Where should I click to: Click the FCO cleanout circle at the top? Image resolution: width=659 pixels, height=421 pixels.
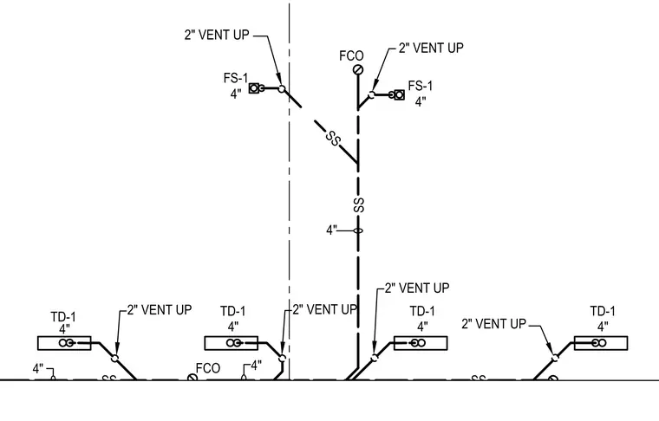coord(358,69)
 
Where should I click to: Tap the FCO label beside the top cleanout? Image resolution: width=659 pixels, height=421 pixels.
coord(351,55)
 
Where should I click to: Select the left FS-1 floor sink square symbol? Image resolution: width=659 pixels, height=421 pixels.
coord(254,88)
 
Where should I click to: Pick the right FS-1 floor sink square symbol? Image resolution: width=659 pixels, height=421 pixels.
coord(399,95)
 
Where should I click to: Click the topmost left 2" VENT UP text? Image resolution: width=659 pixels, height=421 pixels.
coord(217,35)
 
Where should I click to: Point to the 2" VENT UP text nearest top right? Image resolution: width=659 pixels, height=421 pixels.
coord(431,48)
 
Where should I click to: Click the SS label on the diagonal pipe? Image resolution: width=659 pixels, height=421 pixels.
coord(333,139)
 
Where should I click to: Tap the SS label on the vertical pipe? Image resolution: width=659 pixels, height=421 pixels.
coord(359,205)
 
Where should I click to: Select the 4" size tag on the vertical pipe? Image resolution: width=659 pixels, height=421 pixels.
coord(332,230)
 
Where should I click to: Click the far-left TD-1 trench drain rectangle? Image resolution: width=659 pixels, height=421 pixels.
coord(64,343)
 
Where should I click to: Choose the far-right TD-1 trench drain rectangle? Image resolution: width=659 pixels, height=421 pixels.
coord(601,343)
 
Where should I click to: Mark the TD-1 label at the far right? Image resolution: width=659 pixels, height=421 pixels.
coord(603,312)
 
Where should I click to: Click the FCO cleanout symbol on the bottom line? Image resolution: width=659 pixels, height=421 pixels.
coord(192,378)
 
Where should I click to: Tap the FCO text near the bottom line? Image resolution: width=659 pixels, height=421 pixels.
coord(208,368)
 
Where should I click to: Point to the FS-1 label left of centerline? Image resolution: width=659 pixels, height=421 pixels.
coord(236,78)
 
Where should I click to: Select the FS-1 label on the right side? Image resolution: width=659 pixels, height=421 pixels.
coord(421,86)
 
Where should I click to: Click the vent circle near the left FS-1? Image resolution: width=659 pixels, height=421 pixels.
coord(282,88)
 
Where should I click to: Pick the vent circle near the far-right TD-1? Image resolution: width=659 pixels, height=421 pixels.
coord(556,358)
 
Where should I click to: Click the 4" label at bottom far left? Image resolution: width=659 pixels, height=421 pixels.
coord(38,369)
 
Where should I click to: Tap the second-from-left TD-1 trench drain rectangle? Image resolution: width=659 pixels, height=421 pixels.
coord(232,343)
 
